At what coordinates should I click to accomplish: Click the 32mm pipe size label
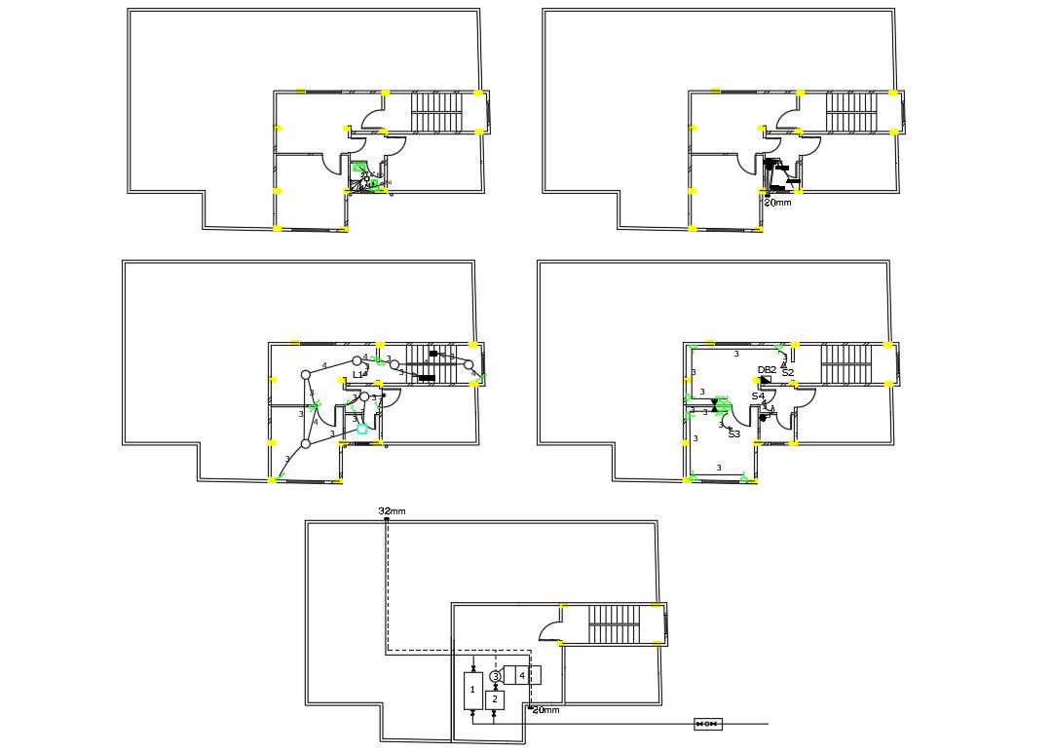click(392, 510)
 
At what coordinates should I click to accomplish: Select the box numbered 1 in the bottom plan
click(473, 690)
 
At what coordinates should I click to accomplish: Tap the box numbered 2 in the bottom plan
click(495, 699)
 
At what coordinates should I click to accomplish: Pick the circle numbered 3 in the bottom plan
click(495, 676)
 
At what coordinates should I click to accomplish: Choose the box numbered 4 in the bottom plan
click(521, 675)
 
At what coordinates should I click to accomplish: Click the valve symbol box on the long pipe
click(707, 724)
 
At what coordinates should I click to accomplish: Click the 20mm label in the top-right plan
click(777, 203)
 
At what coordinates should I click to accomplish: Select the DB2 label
click(767, 370)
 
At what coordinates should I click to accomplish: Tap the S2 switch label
click(788, 373)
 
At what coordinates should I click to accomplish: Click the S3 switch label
click(733, 434)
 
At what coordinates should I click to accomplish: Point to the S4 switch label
click(757, 396)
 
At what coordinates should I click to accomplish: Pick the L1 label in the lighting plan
click(359, 374)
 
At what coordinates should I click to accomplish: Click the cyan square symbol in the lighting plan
click(362, 429)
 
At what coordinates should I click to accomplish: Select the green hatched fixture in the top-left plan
click(359, 169)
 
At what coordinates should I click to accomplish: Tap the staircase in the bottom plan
click(614, 623)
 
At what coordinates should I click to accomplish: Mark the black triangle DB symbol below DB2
click(765, 379)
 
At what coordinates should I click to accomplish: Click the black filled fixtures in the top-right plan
click(776, 171)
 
